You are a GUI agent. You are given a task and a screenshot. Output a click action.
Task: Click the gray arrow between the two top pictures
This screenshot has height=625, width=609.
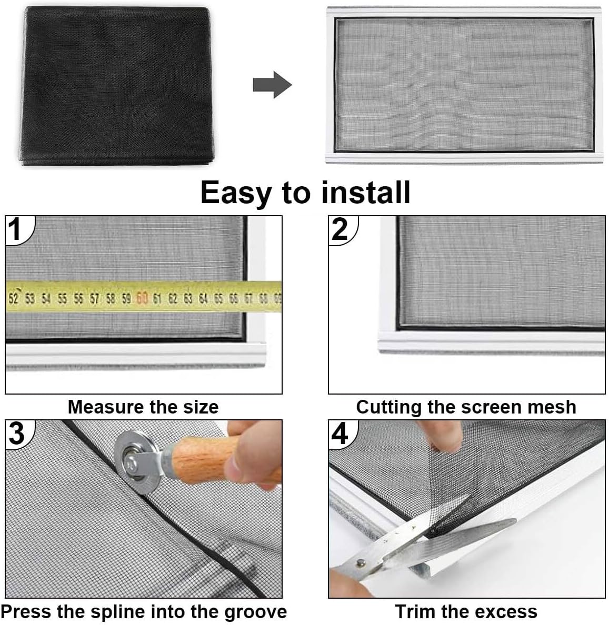point(273,85)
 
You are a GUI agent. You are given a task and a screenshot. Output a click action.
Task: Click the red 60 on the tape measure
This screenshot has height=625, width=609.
point(142,298)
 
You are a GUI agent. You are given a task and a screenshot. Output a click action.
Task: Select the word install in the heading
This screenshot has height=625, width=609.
point(366,192)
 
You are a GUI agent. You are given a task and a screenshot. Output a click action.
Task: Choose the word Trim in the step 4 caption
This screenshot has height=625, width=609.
point(415,611)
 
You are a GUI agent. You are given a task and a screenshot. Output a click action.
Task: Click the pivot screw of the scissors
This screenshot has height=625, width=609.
point(361,563)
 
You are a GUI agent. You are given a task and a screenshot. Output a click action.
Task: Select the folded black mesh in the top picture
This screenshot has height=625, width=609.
point(116,85)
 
